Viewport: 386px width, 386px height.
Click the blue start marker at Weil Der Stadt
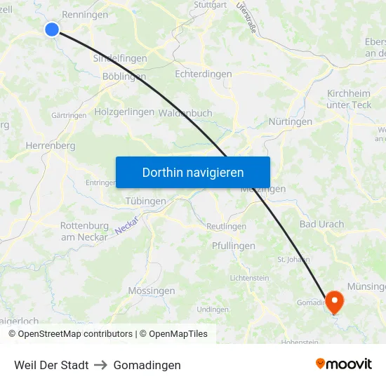(x=52, y=29)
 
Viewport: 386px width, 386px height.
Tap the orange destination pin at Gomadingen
(x=335, y=302)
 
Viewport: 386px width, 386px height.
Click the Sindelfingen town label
(x=119, y=58)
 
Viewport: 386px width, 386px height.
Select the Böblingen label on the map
(x=124, y=76)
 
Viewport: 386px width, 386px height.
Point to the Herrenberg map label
(x=50, y=145)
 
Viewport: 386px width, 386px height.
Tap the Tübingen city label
(x=145, y=201)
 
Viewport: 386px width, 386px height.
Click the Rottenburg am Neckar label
(x=84, y=231)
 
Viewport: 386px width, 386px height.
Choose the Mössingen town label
(x=152, y=291)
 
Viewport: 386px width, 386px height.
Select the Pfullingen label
(x=234, y=246)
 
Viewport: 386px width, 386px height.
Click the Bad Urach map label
(x=321, y=225)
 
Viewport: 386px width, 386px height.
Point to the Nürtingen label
(x=291, y=121)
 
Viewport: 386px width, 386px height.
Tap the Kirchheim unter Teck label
(x=349, y=99)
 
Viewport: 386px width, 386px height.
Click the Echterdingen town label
(x=204, y=73)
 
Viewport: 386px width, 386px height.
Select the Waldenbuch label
(x=185, y=112)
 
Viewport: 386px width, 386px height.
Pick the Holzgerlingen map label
(x=124, y=112)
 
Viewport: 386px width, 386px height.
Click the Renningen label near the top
(x=85, y=14)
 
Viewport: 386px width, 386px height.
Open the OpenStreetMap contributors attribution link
(x=75, y=334)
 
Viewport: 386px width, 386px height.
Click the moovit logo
(x=343, y=364)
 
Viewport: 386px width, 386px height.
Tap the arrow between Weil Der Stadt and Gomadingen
(x=101, y=366)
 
